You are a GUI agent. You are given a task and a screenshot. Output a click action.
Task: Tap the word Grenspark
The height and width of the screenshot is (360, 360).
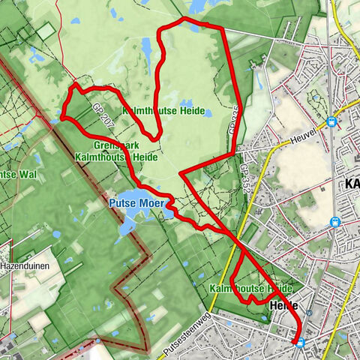(x=113, y=145)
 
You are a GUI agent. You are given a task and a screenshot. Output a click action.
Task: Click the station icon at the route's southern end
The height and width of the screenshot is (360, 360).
(x=300, y=343)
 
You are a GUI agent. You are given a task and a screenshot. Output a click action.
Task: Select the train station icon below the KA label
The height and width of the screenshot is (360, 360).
(x=334, y=222)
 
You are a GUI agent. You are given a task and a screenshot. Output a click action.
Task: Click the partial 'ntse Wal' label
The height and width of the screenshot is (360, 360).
(x=16, y=175)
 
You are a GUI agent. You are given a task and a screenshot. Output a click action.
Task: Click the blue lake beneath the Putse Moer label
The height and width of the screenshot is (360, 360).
(x=130, y=222)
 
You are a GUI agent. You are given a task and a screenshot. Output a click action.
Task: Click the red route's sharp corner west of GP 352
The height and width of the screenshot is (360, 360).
(x=180, y=173)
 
